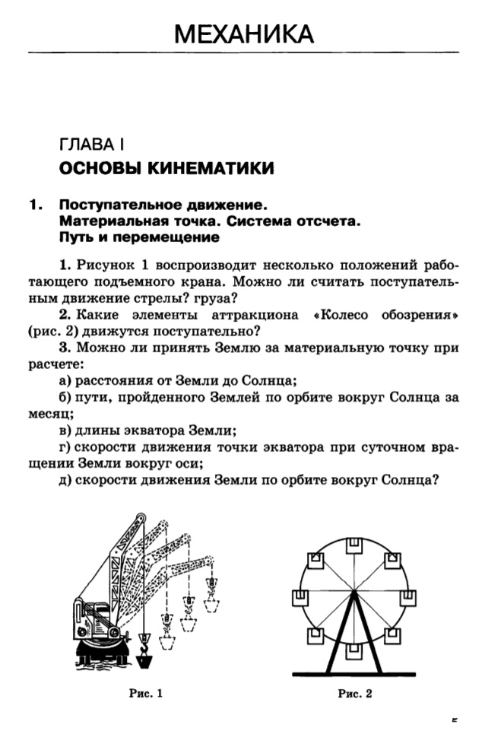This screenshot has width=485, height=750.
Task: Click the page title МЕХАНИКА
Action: tap(243, 33)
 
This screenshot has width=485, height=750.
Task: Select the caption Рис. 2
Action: tap(356, 692)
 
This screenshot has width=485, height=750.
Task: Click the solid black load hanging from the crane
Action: tap(147, 653)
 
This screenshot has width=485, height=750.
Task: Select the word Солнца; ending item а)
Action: tap(267, 381)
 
